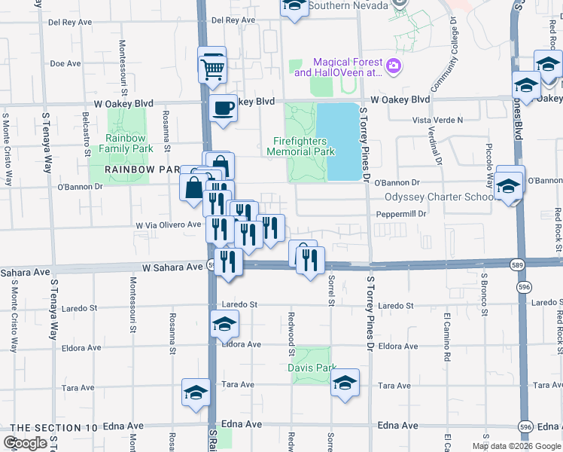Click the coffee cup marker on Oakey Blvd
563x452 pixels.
pyautogui.click(x=223, y=109)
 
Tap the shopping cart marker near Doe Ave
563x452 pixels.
pyautogui.click(x=214, y=69)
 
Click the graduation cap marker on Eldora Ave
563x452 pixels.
pyautogui.click(x=224, y=325)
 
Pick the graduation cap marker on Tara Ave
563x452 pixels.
pyautogui.click(x=196, y=392)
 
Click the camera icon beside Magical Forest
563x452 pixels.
pyautogui.click(x=394, y=67)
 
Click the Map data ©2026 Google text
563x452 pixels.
pyautogui.click(x=516, y=446)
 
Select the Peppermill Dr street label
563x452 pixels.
pyautogui.click(x=401, y=214)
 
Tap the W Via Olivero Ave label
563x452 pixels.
pyautogui.click(x=168, y=224)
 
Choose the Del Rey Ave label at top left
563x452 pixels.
pyautogui.click(x=64, y=22)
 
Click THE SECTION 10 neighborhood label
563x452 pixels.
pyautogui.click(x=54, y=428)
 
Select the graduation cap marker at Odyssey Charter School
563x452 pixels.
pyautogui.click(x=509, y=185)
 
